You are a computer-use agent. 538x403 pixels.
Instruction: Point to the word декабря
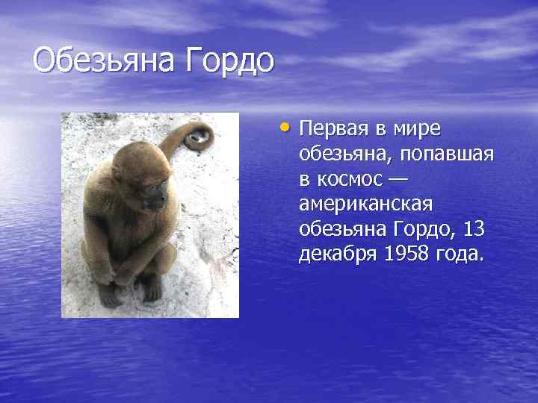click(338, 254)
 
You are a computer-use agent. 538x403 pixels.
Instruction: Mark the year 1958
click(408, 254)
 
